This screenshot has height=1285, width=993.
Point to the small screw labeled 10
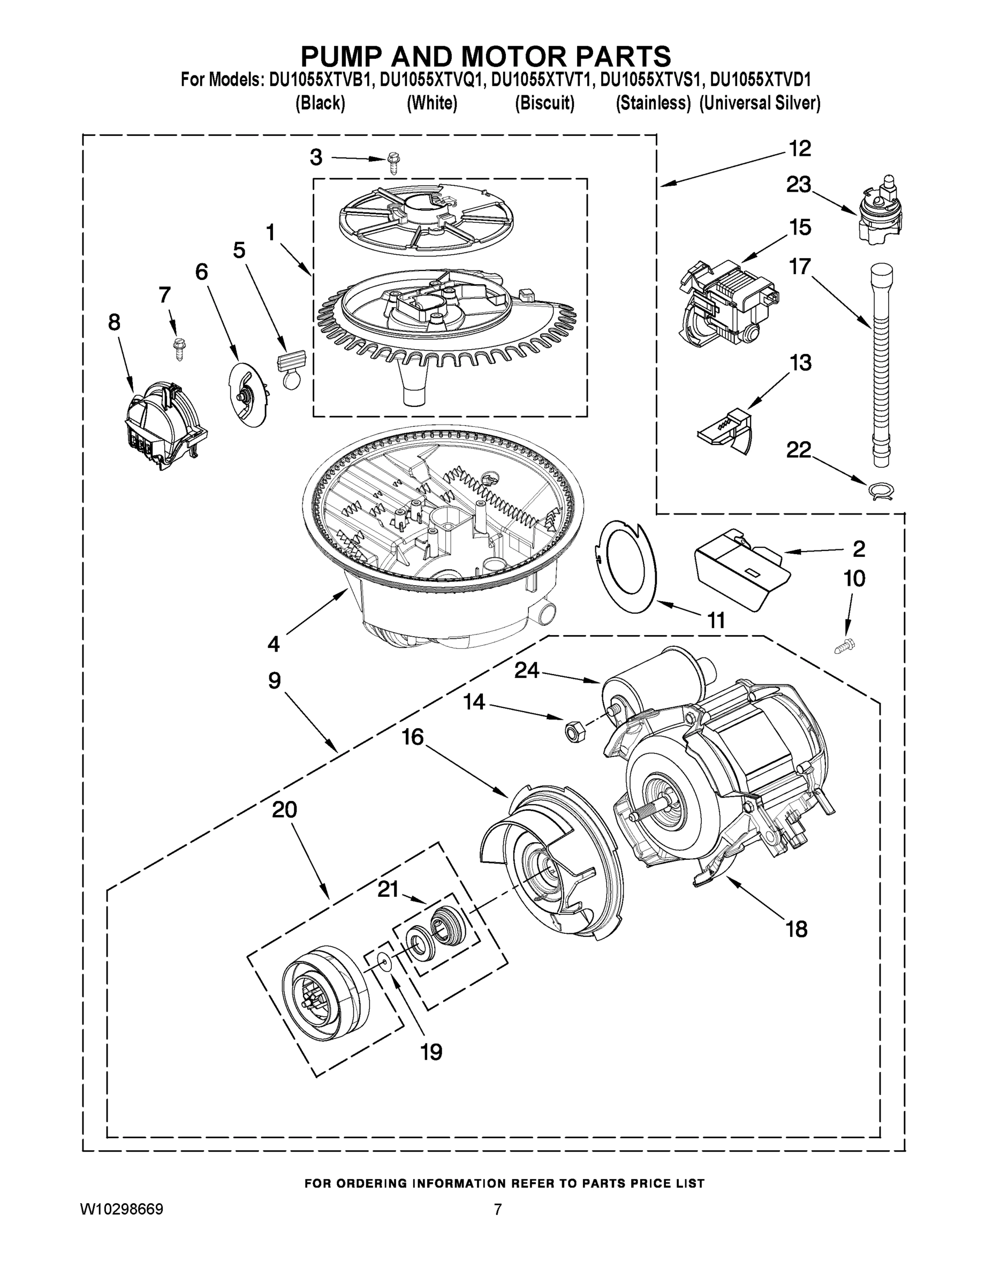(x=845, y=646)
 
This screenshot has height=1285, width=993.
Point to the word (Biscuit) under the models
(x=545, y=103)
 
